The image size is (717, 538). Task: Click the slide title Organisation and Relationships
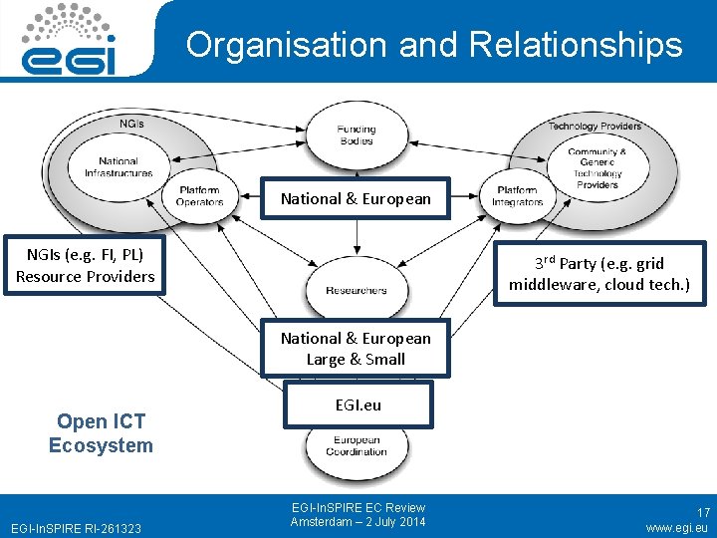[x=434, y=45]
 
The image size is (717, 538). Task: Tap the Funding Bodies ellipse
[x=356, y=134]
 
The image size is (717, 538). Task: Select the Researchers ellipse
[x=356, y=290]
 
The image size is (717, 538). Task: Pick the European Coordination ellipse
[x=356, y=448]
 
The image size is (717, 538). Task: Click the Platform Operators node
[x=200, y=195]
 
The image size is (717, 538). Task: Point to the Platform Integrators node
[x=518, y=195]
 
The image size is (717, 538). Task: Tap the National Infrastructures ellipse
[x=119, y=166]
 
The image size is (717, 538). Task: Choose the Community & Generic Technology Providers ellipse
[x=597, y=167]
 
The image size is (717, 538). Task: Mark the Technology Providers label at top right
[x=595, y=127]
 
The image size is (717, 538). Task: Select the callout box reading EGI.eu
[x=358, y=405]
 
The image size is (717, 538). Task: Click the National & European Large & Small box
[x=356, y=349]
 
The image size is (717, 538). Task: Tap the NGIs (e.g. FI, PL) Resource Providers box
[x=86, y=266]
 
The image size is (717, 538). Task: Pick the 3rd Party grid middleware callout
[x=598, y=273]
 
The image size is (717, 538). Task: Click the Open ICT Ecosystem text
[x=101, y=433]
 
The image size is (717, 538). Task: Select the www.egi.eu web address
[x=677, y=528]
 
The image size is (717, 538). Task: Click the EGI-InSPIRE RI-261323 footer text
[x=75, y=527]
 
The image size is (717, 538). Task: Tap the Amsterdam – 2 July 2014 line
[x=358, y=522]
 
